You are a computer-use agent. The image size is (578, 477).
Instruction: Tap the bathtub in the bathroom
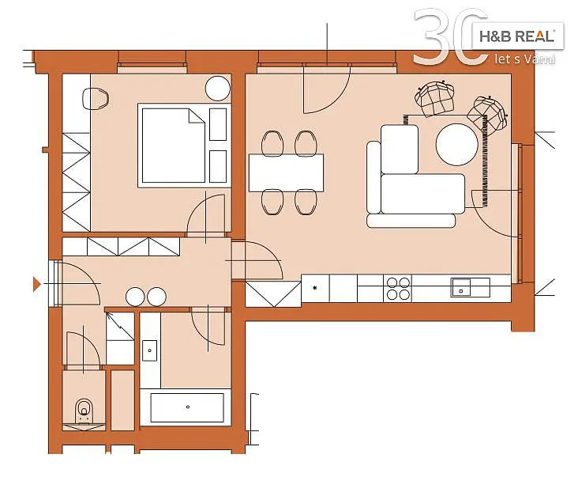[x=187, y=407]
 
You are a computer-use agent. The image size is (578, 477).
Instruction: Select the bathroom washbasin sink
[x=150, y=350]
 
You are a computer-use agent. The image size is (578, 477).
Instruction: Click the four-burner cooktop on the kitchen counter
[x=398, y=289]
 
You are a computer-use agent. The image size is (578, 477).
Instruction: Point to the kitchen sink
[x=461, y=288]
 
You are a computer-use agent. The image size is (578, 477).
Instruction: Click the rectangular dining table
[x=286, y=172]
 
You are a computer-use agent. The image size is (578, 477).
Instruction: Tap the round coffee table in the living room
[x=456, y=144]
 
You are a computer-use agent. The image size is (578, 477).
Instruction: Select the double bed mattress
[x=173, y=145]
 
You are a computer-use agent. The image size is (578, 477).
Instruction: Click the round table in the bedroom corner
[x=217, y=89]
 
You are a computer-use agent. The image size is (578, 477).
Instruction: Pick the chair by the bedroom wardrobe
[x=95, y=99]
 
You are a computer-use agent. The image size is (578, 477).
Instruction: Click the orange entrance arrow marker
[x=36, y=284]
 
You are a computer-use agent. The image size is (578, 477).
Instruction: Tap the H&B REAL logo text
[x=517, y=36]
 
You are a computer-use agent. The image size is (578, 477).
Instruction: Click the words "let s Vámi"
[x=524, y=59]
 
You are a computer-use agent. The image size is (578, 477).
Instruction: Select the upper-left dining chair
[x=272, y=143]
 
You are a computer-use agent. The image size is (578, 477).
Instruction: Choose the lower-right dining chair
[x=306, y=202]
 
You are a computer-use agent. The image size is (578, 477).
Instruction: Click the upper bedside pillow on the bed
[x=218, y=124]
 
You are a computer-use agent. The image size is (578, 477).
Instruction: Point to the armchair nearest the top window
[x=434, y=97]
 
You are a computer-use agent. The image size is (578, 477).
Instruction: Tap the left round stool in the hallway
[x=135, y=297]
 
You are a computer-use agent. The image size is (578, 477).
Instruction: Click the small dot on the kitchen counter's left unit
[x=315, y=288]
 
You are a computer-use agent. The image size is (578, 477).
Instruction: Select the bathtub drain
[x=188, y=407]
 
